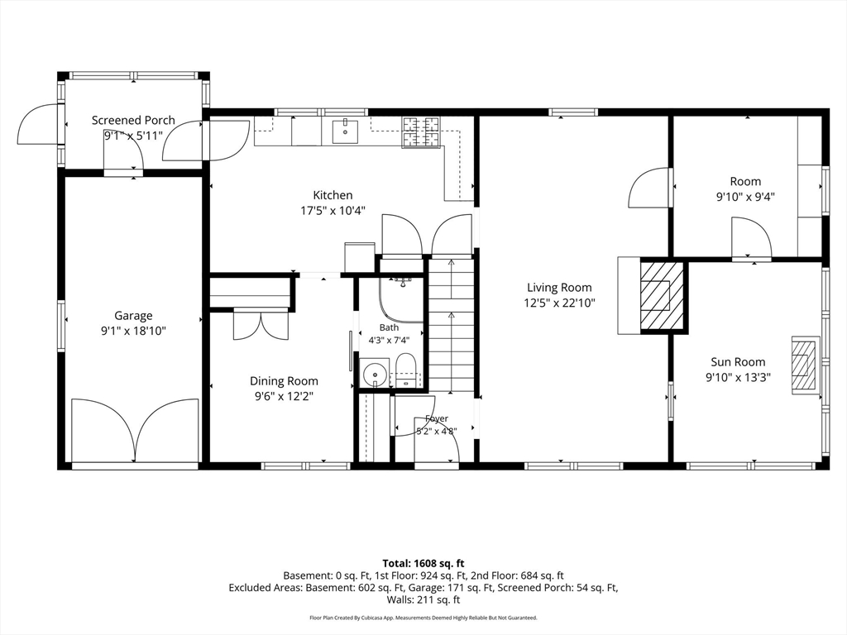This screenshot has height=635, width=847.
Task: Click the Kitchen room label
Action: click(333, 195)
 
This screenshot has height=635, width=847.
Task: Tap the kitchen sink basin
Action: click(345, 131)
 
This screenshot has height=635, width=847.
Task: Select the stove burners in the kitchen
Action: click(421, 132)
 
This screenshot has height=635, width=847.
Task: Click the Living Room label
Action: click(559, 288)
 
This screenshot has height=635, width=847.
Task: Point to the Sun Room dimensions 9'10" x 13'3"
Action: click(738, 377)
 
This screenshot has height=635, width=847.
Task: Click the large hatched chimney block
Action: click(662, 295)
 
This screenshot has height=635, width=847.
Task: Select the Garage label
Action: click(133, 316)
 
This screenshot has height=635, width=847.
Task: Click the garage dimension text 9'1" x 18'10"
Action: click(133, 331)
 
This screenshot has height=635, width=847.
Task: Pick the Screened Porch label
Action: click(133, 121)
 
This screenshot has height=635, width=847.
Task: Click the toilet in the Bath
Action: click(405, 370)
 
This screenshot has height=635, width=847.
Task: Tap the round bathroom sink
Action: click(374, 373)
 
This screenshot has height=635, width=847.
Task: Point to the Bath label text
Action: click(389, 327)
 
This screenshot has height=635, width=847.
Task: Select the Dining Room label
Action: click(284, 381)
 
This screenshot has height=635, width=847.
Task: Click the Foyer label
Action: click(437, 418)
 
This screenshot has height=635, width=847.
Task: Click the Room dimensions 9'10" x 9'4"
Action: click(745, 197)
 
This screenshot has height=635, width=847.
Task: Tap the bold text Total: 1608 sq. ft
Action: click(423, 564)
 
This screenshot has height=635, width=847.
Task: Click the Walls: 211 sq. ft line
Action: click(423, 599)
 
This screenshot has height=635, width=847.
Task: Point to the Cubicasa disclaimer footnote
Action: click(423, 618)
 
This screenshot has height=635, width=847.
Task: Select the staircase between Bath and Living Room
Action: click(451, 326)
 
